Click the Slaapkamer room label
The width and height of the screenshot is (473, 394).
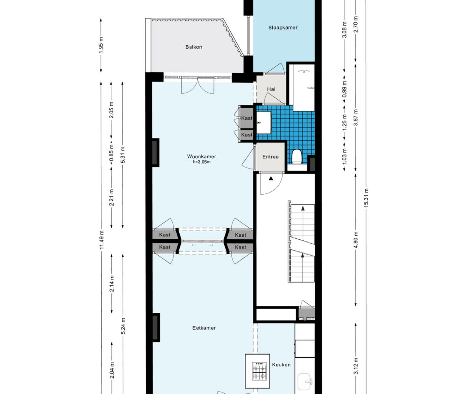283,28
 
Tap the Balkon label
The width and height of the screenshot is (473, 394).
194,47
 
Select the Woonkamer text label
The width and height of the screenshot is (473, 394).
201,156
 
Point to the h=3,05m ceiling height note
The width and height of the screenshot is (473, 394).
201,162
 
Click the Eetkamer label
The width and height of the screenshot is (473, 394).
204,328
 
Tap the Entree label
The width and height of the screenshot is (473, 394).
270,157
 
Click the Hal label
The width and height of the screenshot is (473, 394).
271,89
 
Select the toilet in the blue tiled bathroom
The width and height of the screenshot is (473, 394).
296,156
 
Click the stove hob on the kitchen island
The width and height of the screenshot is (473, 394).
259,374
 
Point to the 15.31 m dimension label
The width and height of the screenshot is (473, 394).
366,197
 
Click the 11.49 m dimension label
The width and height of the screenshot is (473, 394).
101,240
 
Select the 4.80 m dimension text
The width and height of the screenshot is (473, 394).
356,240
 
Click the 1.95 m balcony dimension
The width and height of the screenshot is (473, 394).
101,45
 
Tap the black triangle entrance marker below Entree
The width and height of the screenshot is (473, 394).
271,178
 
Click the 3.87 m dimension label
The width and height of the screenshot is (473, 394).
356,117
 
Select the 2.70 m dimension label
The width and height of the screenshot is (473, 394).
356,24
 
